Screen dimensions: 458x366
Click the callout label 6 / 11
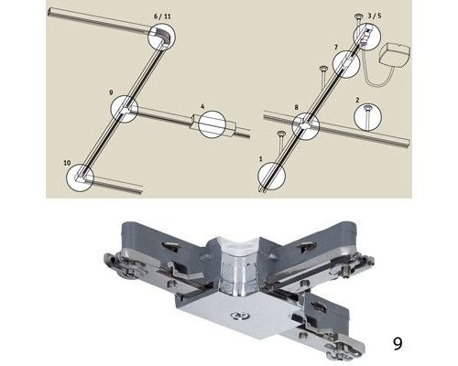click(x=162, y=16)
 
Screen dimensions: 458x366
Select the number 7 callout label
click(x=336, y=48)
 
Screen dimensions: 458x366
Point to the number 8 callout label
click(x=296, y=107)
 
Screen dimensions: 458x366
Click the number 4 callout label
click(x=202, y=106)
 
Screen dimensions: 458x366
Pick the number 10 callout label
click(x=67, y=163)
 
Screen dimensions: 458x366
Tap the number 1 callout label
click(x=260, y=159)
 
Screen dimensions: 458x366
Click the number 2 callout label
click(x=358, y=100)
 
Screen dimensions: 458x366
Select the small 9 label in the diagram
click(x=111, y=92)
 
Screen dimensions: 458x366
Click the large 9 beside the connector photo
click(x=398, y=344)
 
